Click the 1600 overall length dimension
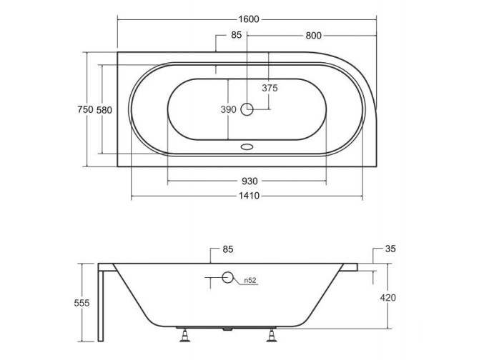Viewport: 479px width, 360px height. pos(247,19)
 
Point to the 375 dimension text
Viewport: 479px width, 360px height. pos(269,89)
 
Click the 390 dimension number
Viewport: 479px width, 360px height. pos(227,109)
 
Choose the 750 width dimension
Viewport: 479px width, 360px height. pos(85,109)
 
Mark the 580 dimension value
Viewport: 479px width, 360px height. pos(104,109)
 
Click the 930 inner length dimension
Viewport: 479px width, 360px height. pos(247,181)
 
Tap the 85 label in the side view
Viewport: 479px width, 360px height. pos(228,250)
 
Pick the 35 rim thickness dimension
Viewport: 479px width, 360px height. pos(390,250)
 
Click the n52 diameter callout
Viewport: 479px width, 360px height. pos(250,280)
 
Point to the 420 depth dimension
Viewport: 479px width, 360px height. pos(388,297)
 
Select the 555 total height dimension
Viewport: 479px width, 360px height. pos(82,303)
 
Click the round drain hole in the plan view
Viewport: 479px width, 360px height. pos(247,109)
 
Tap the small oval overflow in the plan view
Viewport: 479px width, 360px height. pos(247,148)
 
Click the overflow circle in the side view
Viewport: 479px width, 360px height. pos(228,279)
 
